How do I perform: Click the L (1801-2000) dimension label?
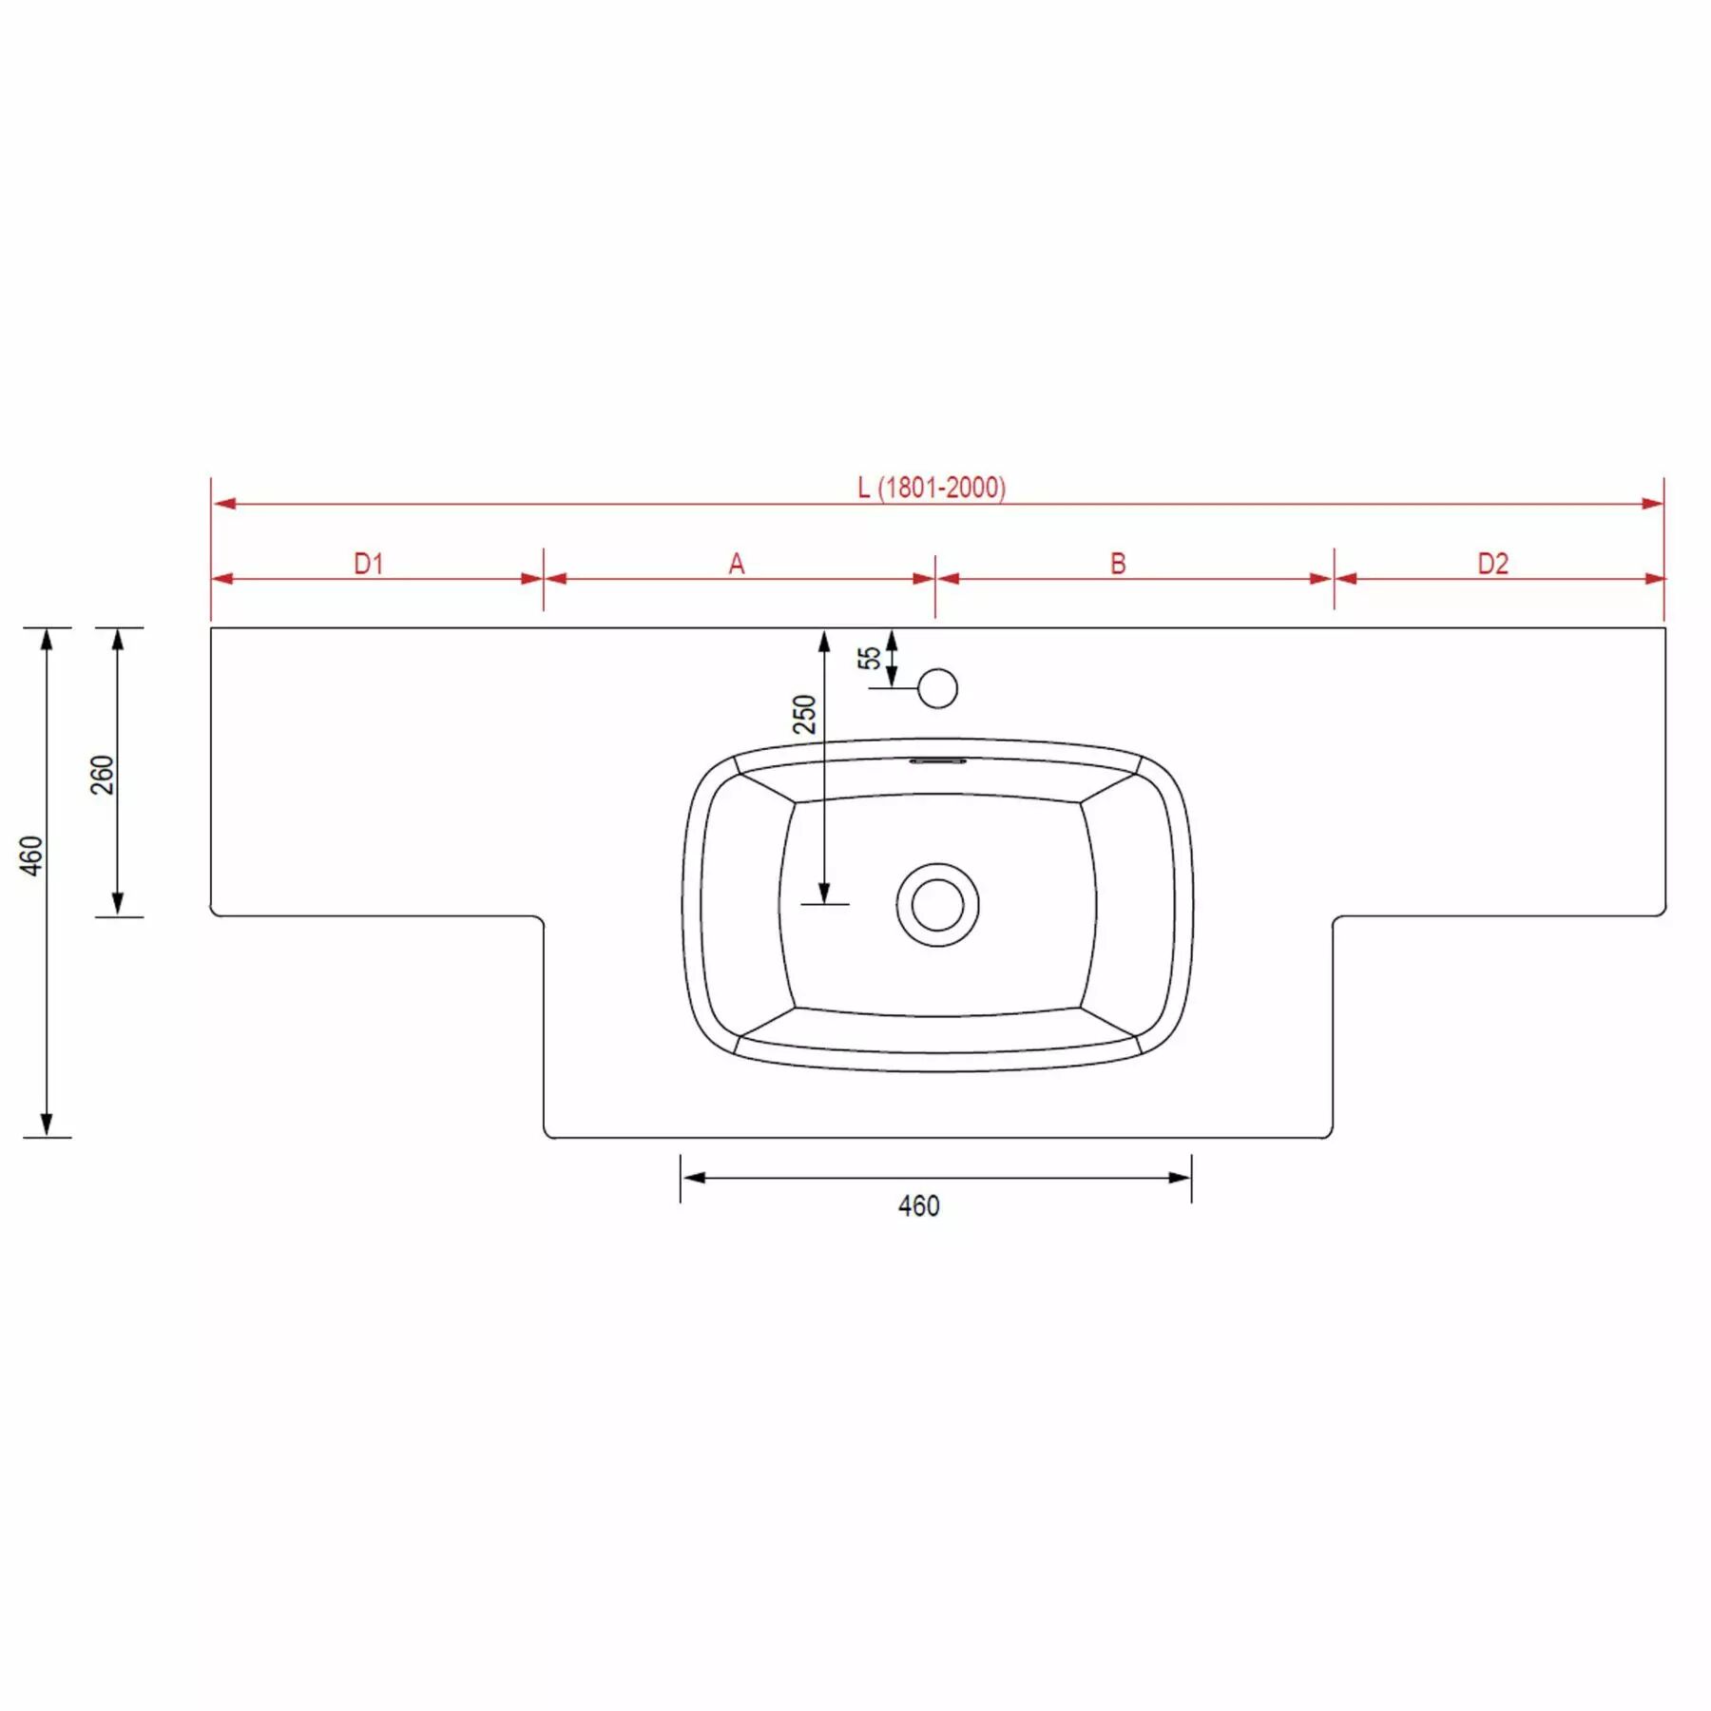click(931, 488)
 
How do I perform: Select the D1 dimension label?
click(369, 564)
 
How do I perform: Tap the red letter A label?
click(737, 565)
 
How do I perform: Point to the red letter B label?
click(1118, 564)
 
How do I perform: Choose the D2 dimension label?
click(1492, 564)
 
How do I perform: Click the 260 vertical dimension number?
click(102, 775)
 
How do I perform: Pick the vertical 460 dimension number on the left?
click(31, 855)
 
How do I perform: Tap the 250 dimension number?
click(804, 714)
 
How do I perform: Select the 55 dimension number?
click(869, 658)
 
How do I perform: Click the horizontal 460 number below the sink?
click(918, 1205)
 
